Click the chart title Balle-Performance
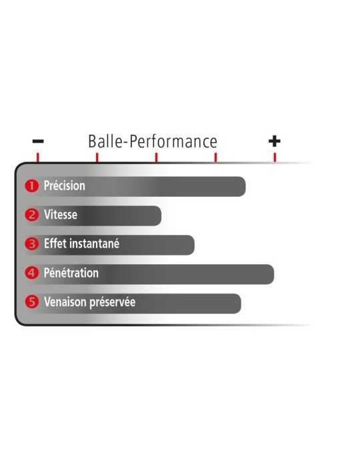(152, 141)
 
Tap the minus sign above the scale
(38, 141)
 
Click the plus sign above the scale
(274, 141)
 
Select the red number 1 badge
(32, 186)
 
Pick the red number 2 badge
(32, 215)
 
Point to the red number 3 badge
(32, 244)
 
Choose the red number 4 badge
(32, 273)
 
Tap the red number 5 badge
(32, 302)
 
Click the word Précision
(65, 185)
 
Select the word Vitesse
(61, 214)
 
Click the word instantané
(95, 244)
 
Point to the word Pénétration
(71, 273)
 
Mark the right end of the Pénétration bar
(274, 274)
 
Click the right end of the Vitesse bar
(161, 215)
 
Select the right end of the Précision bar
(245, 187)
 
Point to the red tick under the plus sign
(275, 157)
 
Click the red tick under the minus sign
(38, 157)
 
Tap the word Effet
(56, 244)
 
